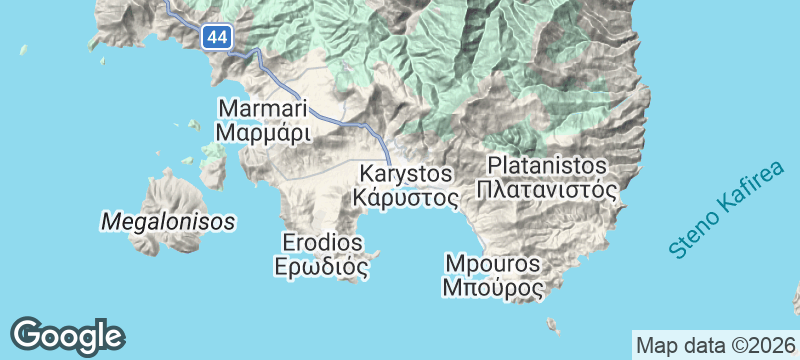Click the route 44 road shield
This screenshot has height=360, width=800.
click(x=215, y=37)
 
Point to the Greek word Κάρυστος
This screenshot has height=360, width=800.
click(x=406, y=197)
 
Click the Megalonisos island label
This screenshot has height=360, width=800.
click(x=168, y=220)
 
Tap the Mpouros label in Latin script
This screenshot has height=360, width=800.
click(x=493, y=265)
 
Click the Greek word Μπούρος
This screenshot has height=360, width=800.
click(x=493, y=289)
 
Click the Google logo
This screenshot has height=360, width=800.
click(x=67, y=336)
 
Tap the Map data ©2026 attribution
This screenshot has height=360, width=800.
click(x=717, y=345)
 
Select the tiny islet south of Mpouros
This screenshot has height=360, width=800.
click(x=551, y=323)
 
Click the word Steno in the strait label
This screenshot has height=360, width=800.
click(x=689, y=238)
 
